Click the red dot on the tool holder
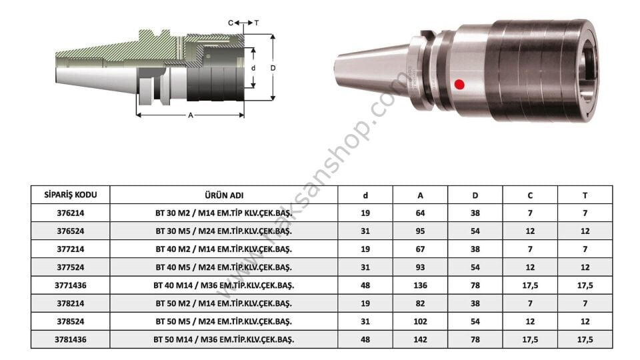(459, 85)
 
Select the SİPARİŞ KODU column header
(71, 195)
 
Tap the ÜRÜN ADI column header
(224, 195)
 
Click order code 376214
(71, 213)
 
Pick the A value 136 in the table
(420, 285)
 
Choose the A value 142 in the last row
(420, 339)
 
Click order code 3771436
(71, 285)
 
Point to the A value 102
(420, 321)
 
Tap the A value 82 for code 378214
(420, 303)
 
